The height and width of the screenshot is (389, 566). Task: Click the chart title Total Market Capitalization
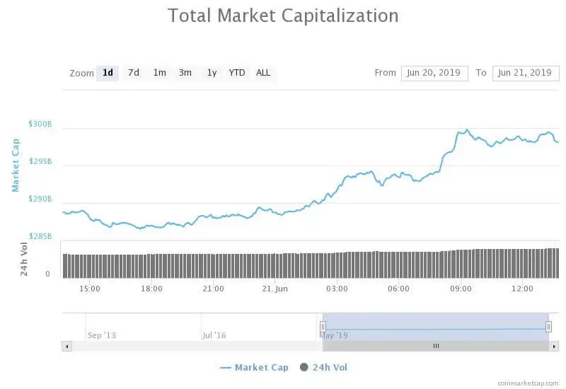coord(283,16)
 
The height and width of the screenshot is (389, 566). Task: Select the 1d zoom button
coord(108,72)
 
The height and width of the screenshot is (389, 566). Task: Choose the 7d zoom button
coord(134,72)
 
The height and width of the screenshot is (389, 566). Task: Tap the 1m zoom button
coord(160,72)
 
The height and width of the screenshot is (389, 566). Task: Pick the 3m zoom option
coord(185,72)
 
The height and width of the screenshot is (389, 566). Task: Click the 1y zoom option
coord(212,72)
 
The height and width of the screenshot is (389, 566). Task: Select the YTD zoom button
coord(237,72)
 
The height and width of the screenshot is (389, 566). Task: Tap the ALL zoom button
coord(263,72)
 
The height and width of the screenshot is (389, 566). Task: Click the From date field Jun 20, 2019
coord(434,73)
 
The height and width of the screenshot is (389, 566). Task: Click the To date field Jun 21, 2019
coord(525,73)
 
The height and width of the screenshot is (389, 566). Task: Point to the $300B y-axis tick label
coord(40,124)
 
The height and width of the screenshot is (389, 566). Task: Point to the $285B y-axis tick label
coord(40,236)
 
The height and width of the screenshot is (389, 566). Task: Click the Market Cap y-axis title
coord(16,165)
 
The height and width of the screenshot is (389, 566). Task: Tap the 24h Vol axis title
coord(24,259)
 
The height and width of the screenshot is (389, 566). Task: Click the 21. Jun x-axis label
coord(275,289)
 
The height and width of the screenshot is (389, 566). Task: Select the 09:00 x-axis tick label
coord(461,289)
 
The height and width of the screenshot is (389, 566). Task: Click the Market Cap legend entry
coord(255,367)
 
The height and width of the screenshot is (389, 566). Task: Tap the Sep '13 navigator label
coord(101,335)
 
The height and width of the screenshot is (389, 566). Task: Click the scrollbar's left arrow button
coord(67,346)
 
